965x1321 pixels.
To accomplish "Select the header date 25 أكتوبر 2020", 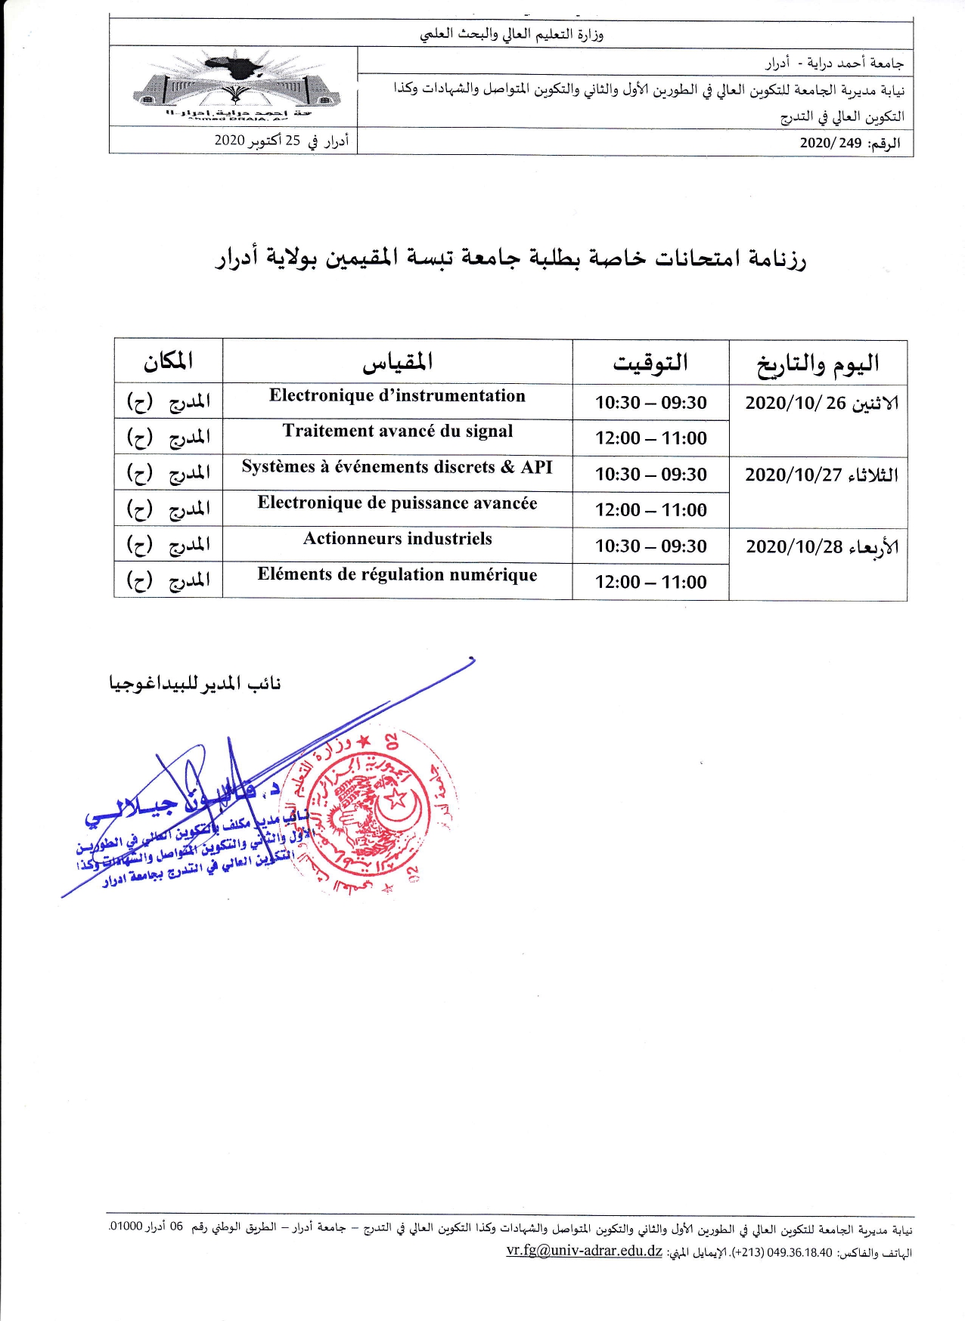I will point(281,141).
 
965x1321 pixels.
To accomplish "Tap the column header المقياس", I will point(397,362).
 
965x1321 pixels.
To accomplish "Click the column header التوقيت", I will point(650,363).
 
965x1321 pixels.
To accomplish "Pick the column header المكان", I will point(168,361).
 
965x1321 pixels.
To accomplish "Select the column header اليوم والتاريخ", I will point(818,364).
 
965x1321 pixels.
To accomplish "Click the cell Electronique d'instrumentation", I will point(397,396).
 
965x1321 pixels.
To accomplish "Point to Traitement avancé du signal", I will point(397,432).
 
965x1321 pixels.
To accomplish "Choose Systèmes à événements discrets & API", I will point(397,467).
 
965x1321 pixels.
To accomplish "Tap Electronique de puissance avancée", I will point(397,503).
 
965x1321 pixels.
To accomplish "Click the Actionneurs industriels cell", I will point(397,539).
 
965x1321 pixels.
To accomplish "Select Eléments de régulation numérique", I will point(397,575).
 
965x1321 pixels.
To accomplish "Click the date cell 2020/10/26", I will point(821,404).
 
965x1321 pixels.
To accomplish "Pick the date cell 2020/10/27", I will point(821,475).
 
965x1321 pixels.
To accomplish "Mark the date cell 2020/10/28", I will point(821,547).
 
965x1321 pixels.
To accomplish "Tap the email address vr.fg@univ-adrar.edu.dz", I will point(584,1251).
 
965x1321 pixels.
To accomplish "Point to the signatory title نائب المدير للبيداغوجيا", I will point(195,684).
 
